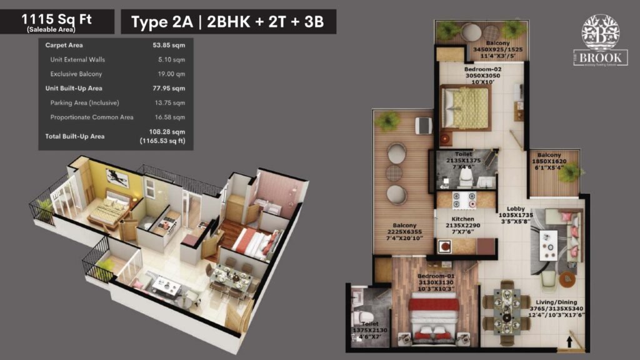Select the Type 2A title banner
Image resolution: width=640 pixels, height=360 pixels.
tap(228, 22)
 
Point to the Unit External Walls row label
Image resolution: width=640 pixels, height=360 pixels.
tap(77, 60)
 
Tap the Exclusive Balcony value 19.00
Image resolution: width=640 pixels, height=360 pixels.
tap(170, 74)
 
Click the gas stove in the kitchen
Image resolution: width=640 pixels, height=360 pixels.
tap(463, 201)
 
